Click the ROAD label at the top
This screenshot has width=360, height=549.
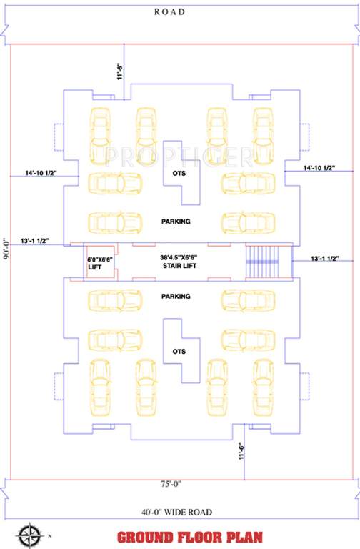(170, 11)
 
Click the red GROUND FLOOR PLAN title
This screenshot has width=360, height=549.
(190, 537)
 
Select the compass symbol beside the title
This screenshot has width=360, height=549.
(29, 535)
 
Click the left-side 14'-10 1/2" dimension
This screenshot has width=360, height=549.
(41, 174)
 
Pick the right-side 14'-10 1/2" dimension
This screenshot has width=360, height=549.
(319, 168)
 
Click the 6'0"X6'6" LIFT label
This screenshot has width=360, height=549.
(100, 263)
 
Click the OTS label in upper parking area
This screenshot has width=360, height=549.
(179, 174)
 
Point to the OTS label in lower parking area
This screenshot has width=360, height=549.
(179, 352)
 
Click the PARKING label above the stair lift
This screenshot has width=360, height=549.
(176, 222)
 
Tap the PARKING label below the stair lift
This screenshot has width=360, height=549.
(176, 296)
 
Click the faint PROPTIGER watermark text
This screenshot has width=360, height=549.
(179, 154)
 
